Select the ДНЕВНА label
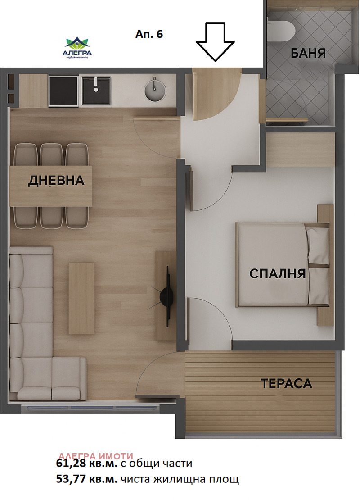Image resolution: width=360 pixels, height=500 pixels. point(56,181)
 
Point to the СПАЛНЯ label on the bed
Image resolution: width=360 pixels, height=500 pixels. point(278,273)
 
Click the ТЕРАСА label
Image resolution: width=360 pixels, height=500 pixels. point(286,384)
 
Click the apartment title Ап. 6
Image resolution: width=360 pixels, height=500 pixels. point(149,34)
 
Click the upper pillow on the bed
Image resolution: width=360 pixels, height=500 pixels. point(318,245)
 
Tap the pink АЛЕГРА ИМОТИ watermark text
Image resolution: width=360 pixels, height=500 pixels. point(96,455)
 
